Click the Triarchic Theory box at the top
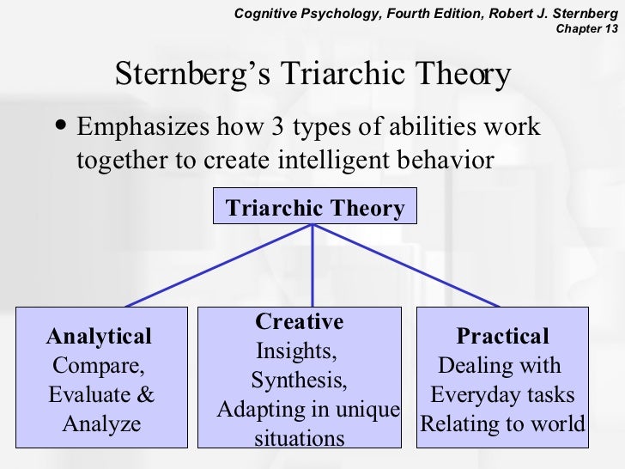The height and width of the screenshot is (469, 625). click(x=314, y=208)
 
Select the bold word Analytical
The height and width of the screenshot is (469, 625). click(x=100, y=336)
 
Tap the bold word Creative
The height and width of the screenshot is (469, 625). click(x=300, y=322)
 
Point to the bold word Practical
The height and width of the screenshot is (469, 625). click(x=502, y=336)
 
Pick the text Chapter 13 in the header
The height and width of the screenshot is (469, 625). click(x=587, y=27)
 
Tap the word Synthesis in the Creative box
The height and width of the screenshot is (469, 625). click(x=300, y=381)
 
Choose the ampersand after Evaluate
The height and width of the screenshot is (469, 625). click(x=146, y=395)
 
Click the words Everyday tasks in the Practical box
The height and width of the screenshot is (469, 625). click(x=502, y=395)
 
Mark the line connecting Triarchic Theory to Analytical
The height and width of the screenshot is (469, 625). click(x=219, y=266)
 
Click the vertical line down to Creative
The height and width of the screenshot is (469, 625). click(x=312, y=266)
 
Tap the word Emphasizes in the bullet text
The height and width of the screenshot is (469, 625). click(x=142, y=127)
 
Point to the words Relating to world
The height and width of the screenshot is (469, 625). click(x=502, y=424)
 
